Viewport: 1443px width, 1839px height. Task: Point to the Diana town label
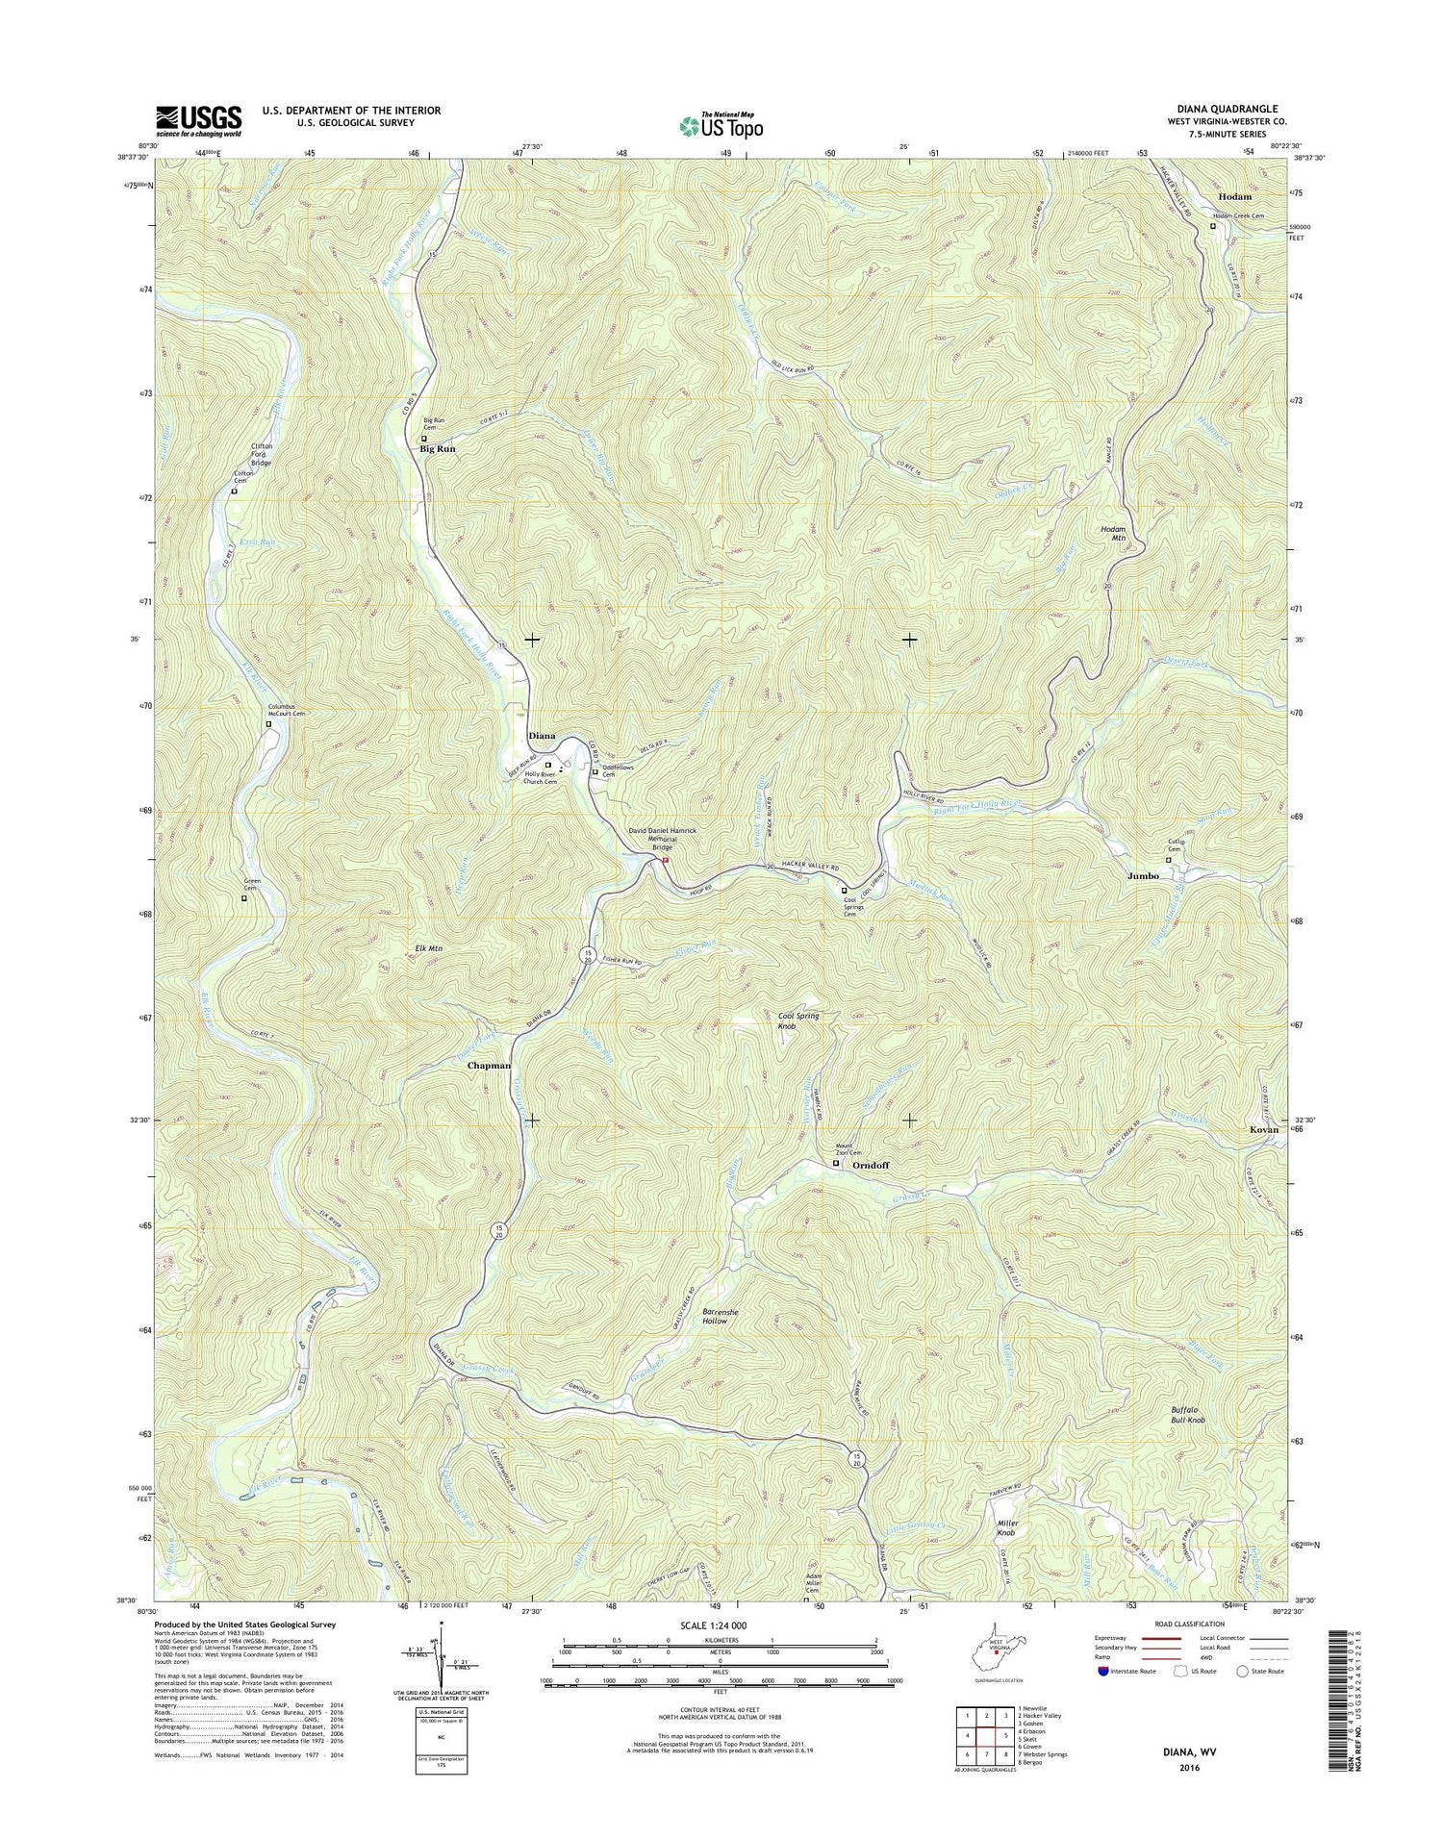pyautogui.click(x=542, y=736)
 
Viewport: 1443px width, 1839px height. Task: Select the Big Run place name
pyautogui.click(x=437, y=449)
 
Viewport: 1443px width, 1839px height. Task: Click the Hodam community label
pyautogui.click(x=1234, y=196)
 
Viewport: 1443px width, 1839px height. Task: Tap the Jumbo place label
pyautogui.click(x=1143, y=876)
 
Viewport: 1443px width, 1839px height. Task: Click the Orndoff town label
pyautogui.click(x=871, y=1165)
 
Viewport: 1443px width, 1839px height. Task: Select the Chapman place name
pyautogui.click(x=489, y=1066)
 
